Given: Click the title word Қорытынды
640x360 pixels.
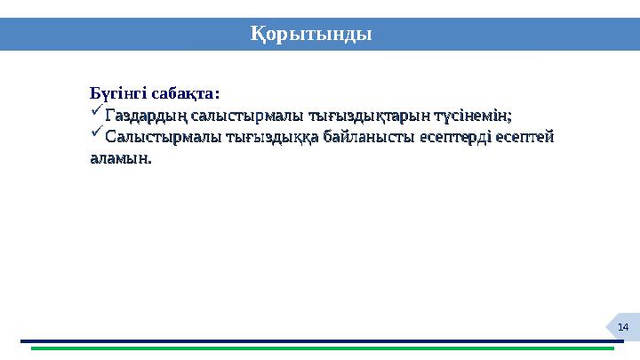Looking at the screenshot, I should (x=309, y=34).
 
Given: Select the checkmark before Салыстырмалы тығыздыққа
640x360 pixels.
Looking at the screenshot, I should (x=96, y=136).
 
